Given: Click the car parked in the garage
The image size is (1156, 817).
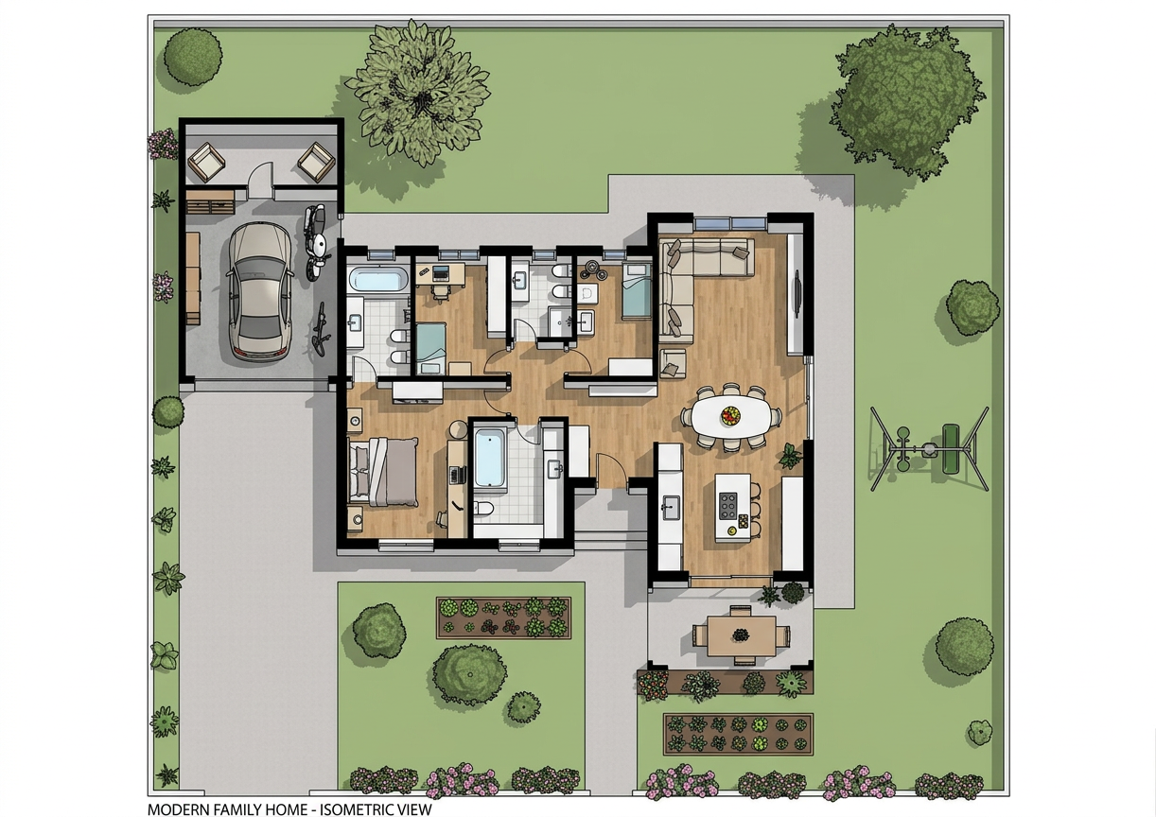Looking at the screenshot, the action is pos(260,291).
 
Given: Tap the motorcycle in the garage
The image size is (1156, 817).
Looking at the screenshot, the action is pos(315,242).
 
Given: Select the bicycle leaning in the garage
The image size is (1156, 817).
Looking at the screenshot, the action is pos(321,330).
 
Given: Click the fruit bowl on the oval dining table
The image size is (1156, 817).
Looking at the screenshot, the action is pos(730,415).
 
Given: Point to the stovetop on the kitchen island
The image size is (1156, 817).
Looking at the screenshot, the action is pos(727,506).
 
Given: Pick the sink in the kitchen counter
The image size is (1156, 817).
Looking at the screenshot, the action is pos(671,507).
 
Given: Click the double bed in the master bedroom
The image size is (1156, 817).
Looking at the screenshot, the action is pos(383,472).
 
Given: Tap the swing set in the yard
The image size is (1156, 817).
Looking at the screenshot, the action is pos(930,449).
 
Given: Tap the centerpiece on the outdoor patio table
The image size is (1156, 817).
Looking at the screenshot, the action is pos(741,634).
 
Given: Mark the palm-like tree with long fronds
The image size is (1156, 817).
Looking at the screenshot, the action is pos(418,93).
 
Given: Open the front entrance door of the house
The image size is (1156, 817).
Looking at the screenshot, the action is pos(610,470).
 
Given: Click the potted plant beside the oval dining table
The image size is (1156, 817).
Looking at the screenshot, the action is pos(790,456).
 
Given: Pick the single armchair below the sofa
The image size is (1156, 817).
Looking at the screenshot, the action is pos(673,363).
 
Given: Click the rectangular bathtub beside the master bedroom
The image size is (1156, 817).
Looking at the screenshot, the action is pos(489,458).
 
